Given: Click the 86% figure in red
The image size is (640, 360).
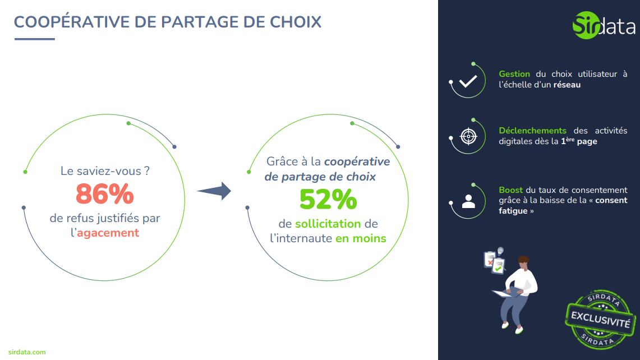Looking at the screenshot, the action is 105,193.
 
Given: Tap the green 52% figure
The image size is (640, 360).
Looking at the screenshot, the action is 328,199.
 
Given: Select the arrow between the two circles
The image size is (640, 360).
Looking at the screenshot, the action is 214,191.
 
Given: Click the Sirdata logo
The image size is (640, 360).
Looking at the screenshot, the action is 604,25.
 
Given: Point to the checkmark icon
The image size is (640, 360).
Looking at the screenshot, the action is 468,81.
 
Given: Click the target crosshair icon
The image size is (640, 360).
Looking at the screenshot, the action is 468,136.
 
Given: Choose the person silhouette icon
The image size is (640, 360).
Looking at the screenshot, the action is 468,201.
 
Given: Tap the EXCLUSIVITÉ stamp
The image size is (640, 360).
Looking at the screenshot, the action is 600,320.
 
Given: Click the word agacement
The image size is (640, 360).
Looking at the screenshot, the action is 108,233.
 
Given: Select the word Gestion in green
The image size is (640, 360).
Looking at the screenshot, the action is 514,74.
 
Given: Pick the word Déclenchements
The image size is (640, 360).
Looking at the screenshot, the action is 532,131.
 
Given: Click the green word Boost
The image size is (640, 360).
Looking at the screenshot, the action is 510,190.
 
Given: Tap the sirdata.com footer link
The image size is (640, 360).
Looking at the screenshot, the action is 27,352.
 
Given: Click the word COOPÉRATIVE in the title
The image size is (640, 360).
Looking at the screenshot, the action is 72,22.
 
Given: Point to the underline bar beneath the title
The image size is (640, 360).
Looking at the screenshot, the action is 35,39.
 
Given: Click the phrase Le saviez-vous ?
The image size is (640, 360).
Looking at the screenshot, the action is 105,171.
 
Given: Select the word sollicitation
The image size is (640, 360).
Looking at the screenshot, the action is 328,224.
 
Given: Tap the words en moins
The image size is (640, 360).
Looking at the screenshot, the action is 361,238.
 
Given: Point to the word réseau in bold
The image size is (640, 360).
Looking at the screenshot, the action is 567,85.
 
